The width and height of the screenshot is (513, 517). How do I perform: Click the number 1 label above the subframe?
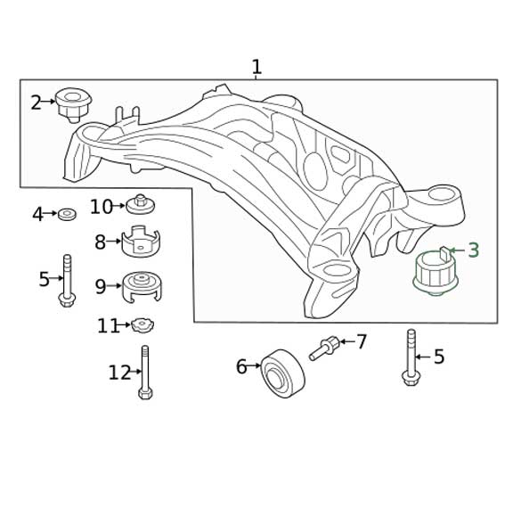[256, 67]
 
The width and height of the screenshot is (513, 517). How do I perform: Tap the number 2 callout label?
[36, 103]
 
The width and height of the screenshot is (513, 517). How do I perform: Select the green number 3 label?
[473, 250]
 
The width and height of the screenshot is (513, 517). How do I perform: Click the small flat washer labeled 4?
[66, 214]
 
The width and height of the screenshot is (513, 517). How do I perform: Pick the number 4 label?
[37, 214]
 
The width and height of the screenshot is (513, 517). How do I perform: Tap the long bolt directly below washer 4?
[67, 280]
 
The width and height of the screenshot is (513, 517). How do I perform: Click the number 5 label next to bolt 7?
[438, 357]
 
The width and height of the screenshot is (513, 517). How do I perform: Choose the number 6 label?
[241, 365]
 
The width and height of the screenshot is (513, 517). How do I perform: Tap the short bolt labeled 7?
[324, 348]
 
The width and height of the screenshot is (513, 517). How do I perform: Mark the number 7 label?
[361, 341]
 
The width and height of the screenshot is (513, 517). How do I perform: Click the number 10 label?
[101, 207]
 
